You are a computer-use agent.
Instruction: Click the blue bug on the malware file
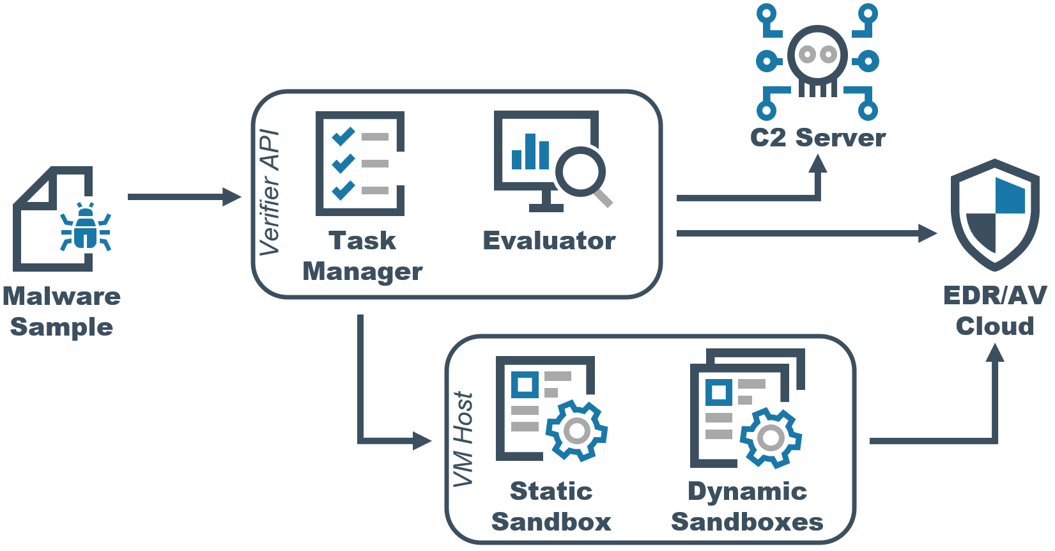click(86, 228)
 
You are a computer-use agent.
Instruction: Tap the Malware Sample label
click(61, 311)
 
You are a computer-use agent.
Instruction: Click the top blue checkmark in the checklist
click(343, 136)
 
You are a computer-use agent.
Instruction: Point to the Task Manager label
click(362, 256)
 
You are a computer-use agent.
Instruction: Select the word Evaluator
click(549, 241)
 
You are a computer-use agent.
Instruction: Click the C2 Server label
click(817, 138)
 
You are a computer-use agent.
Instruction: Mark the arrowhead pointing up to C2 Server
click(817, 164)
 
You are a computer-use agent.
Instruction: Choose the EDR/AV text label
click(995, 295)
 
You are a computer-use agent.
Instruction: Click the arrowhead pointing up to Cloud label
click(995, 352)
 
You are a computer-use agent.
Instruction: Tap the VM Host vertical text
click(463, 439)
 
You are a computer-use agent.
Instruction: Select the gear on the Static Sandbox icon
click(576, 431)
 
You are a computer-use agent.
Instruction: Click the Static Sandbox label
click(551, 506)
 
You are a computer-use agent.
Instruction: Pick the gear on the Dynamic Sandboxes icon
click(771, 438)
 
